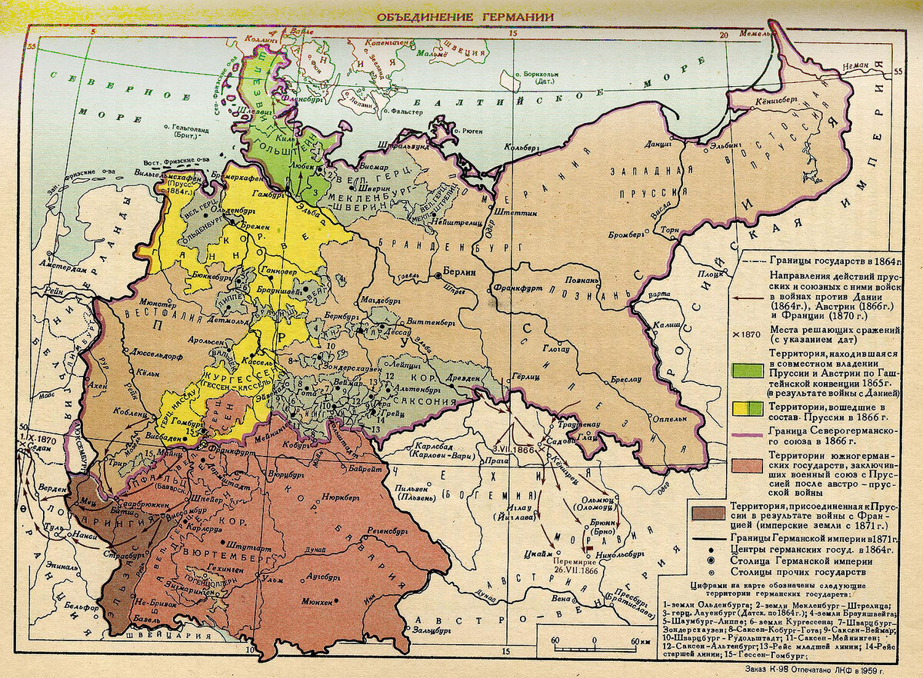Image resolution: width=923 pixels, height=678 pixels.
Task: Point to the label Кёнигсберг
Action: pyautogui.click(x=778, y=101)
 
